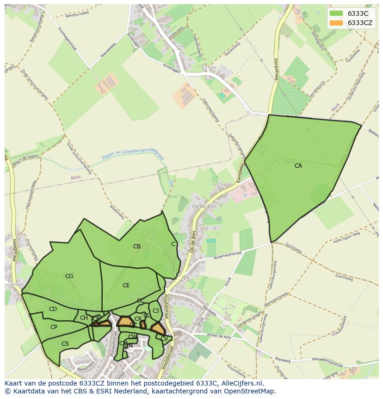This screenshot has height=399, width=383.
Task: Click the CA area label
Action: [298, 165]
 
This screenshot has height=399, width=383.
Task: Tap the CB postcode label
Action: [137, 247]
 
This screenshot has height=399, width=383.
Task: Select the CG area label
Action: [69, 276]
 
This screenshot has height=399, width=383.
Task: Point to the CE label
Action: [126, 285]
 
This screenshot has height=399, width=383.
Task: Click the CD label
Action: [53, 309]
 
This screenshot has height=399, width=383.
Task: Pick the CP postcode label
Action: [54, 327]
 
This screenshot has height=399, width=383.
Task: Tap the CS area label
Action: [65, 344]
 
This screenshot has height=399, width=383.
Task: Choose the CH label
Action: [84, 318]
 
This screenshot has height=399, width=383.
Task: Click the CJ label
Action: [156, 311]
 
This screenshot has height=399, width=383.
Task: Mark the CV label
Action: [164, 339]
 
